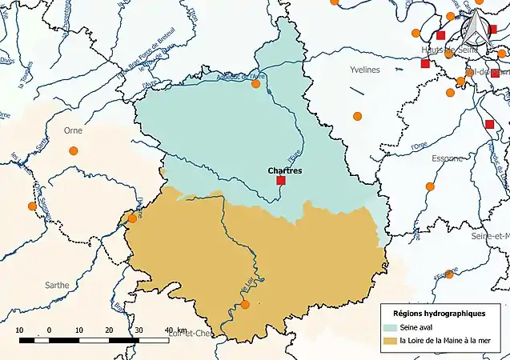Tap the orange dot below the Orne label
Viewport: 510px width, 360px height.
click(x=74, y=150)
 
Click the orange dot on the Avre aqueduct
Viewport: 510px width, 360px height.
click(x=256, y=83)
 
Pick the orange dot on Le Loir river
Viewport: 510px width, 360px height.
click(x=245, y=305)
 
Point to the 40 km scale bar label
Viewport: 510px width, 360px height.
click(x=172, y=330)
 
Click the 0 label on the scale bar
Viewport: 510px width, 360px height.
click(x=49, y=330)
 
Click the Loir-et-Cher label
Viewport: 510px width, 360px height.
click(x=191, y=334)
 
